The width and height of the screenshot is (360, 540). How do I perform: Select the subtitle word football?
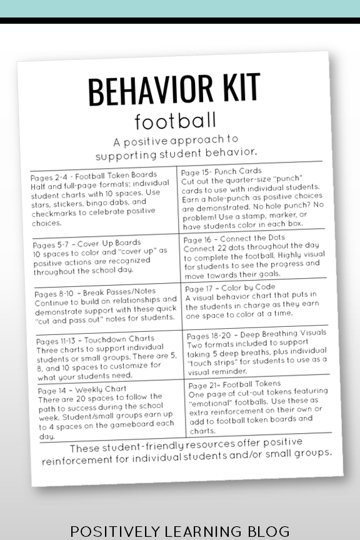[x=176, y=120]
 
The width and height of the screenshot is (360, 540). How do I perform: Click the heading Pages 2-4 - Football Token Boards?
[x=94, y=175]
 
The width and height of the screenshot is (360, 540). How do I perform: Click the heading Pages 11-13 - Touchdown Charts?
[x=95, y=340]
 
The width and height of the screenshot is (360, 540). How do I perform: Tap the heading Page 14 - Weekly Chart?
[x=82, y=389]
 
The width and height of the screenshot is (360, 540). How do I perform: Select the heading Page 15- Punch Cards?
[x=221, y=171]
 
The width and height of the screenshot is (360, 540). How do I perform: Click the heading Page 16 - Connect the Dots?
[x=234, y=238]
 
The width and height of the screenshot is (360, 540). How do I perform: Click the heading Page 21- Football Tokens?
[x=234, y=384]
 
